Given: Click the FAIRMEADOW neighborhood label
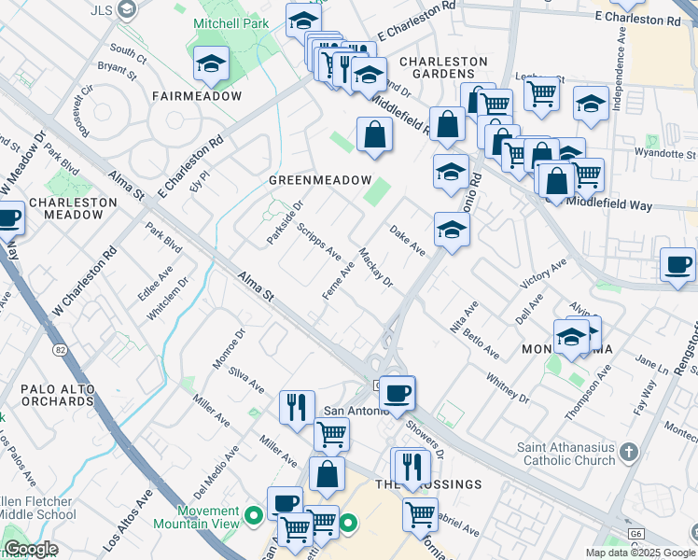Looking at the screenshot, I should coord(196,96).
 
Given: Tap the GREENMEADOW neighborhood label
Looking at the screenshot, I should coord(320,180).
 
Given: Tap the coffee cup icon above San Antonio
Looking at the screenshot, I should coord(398,392).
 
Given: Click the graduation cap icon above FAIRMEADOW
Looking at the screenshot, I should coord(212,64).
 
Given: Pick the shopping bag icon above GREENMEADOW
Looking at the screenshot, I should coord(374,134).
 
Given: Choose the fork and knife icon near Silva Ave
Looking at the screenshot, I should coord(297,406).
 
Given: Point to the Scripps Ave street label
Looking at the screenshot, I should coord(318,239).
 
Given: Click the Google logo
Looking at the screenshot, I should coord(31,549).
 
